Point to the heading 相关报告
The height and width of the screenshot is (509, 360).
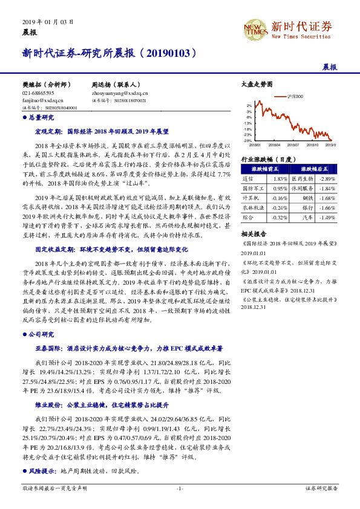click(253, 233)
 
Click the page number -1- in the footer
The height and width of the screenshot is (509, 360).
click(180, 487)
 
